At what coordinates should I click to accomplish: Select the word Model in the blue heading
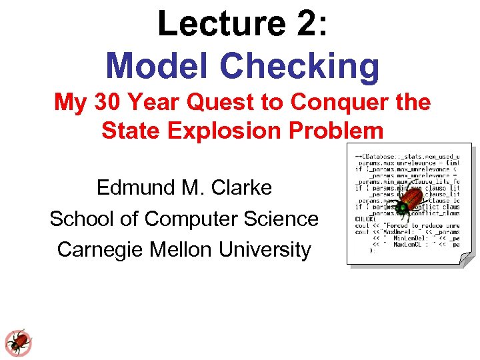click(157, 65)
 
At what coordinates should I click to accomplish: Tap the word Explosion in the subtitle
click(216, 130)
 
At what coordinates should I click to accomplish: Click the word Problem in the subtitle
click(329, 130)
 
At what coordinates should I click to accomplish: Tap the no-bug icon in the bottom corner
click(18, 342)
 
